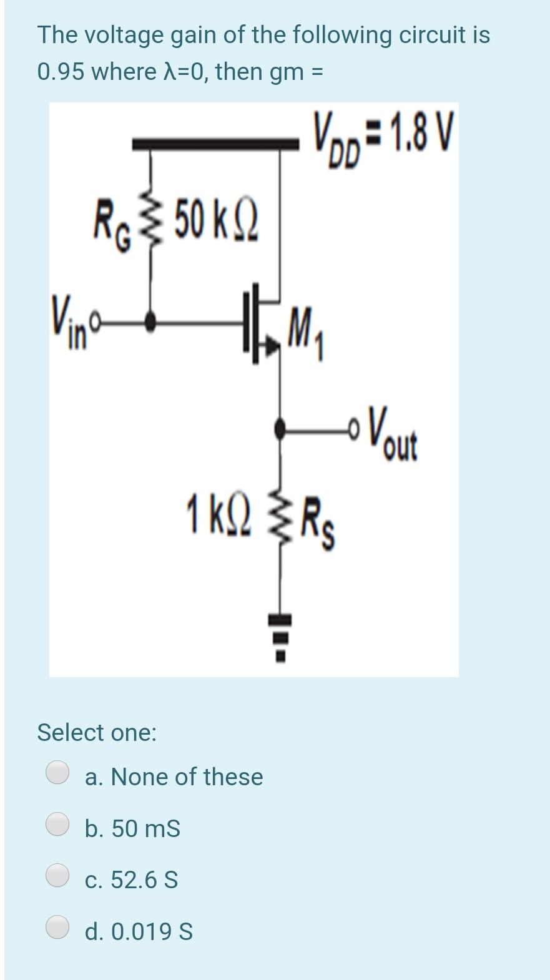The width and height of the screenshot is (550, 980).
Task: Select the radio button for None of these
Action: pos(58,772)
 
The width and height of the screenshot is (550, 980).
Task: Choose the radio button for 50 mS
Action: pos(58,824)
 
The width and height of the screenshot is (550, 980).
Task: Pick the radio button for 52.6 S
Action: pos(58,875)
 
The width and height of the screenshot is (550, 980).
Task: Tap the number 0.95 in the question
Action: pos(61,72)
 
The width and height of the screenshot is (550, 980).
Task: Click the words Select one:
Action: pos(97,732)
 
